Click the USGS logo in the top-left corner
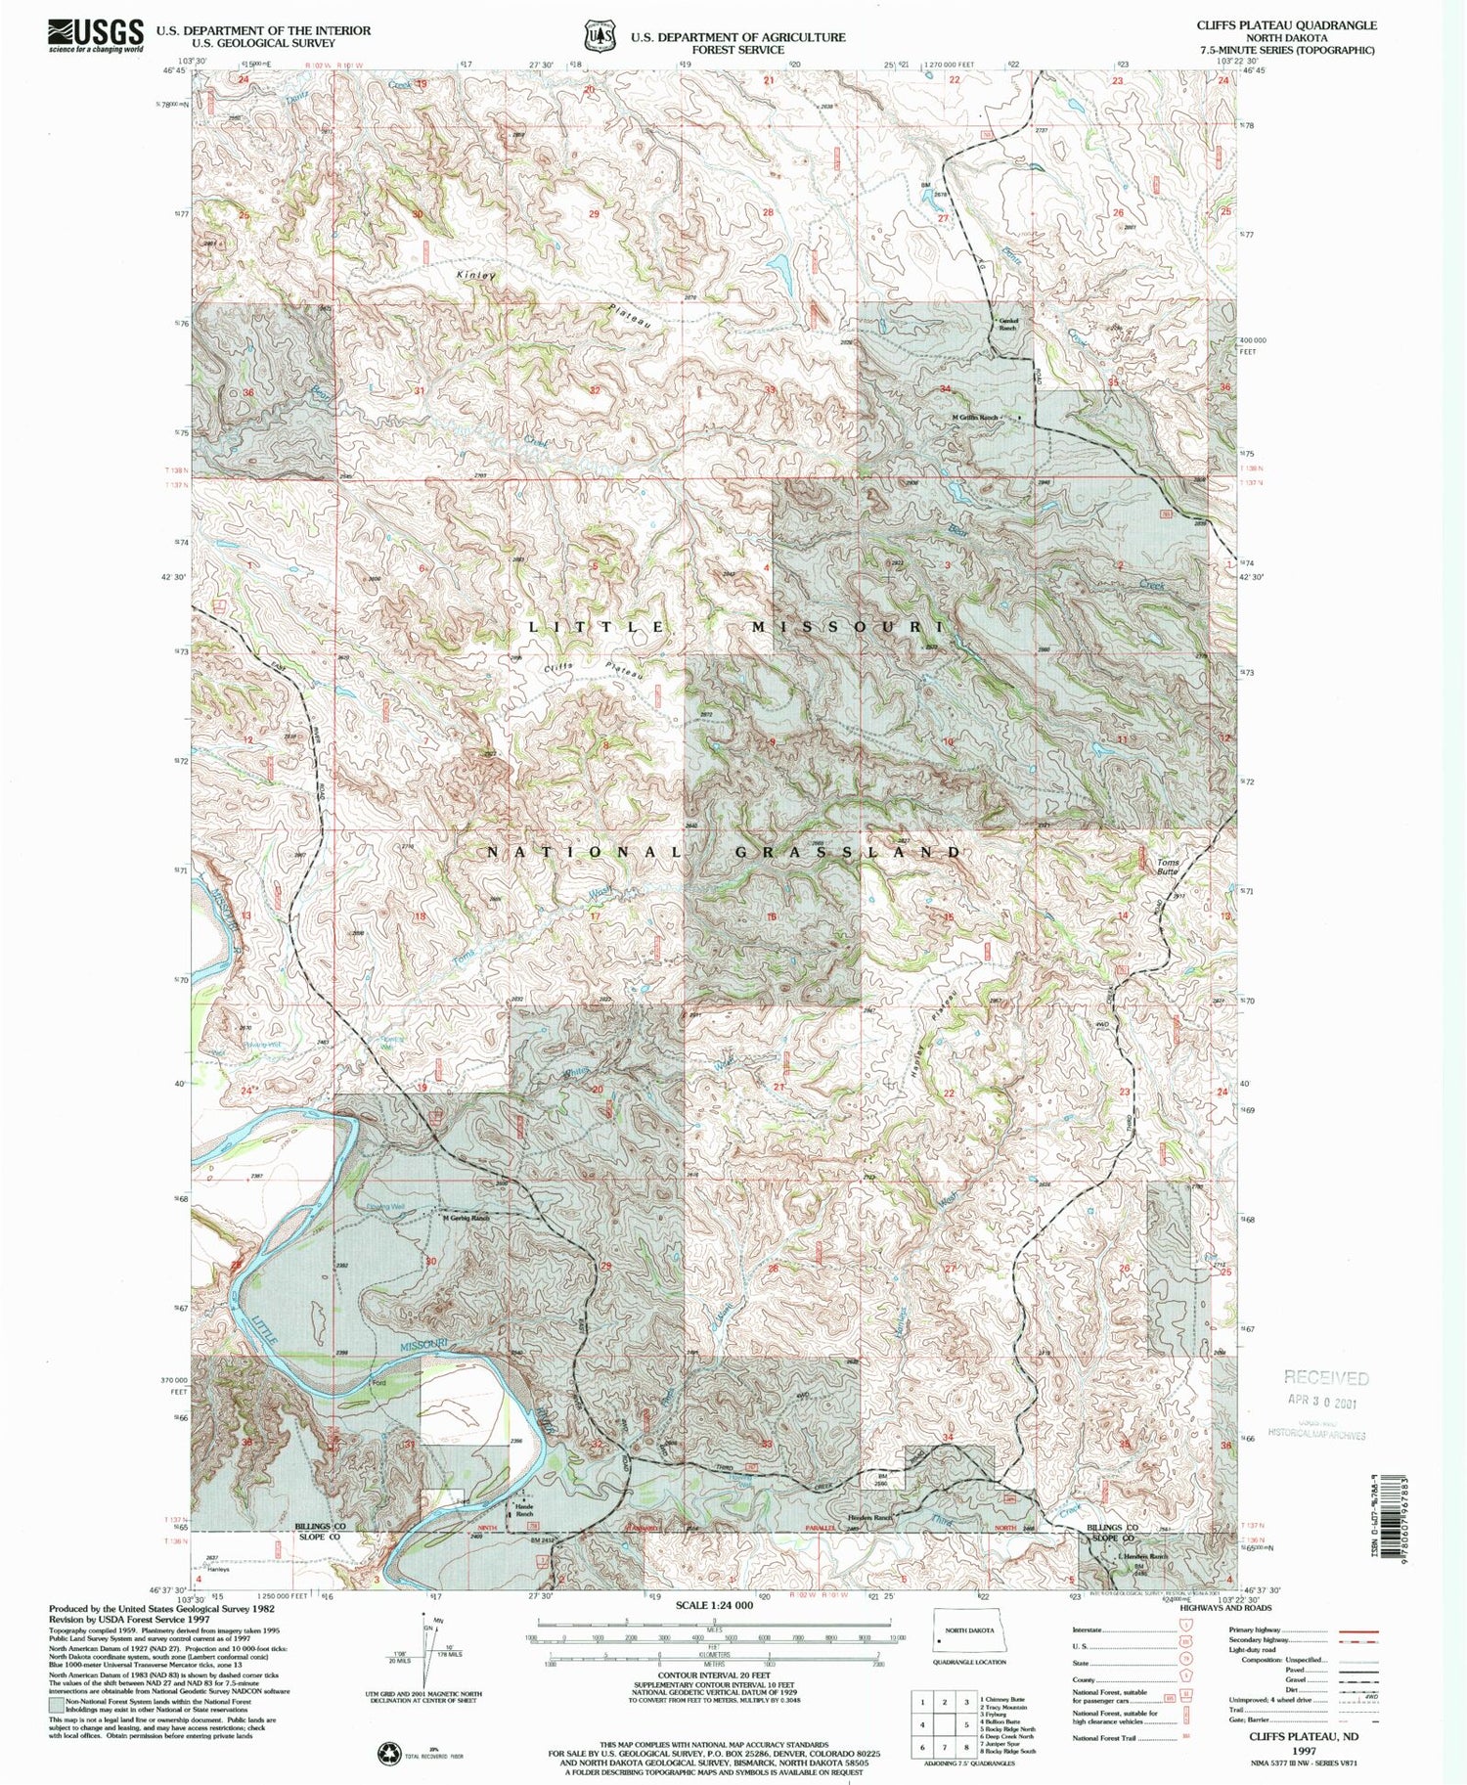pyautogui.click(x=95, y=36)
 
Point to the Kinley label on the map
pyautogui.click(x=476, y=276)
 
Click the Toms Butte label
pyautogui.click(x=1168, y=866)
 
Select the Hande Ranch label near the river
pyautogui.click(x=523, y=1510)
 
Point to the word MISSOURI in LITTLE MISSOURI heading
pyautogui.click(x=848, y=626)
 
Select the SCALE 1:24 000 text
pyautogui.click(x=711, y=1606)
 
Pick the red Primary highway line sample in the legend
pyautogui.click(x=1356, y=1631)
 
